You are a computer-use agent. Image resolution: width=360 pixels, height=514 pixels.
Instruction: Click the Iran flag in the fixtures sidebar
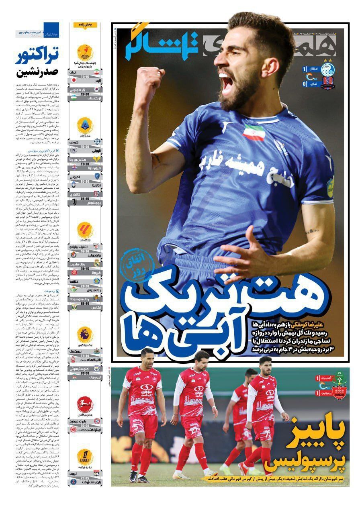pos(96,72)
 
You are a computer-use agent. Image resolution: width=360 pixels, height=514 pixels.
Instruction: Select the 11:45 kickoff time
pos(85,76)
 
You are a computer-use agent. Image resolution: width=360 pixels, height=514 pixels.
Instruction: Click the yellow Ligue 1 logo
pos(85,456)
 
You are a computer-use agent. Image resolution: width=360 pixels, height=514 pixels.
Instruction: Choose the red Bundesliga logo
pos(85,404)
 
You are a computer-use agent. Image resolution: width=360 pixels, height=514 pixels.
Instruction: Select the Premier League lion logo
pos(85,334)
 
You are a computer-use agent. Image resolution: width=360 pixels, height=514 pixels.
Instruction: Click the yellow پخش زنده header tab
pos(85,25)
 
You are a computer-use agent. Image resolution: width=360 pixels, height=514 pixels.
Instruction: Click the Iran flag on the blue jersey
pos(254,132)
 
